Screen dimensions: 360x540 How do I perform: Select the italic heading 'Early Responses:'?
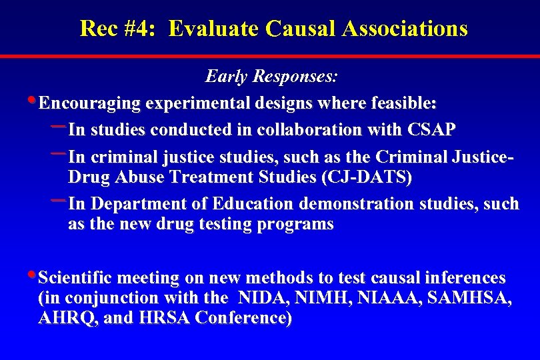pos(271,77)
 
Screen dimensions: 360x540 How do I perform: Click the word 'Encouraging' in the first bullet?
pos(90,103)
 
